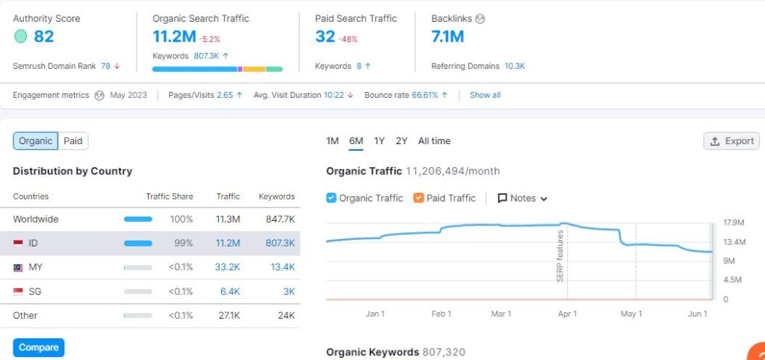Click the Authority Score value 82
(43, 36)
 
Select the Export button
(731, 141)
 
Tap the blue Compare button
(39, 347)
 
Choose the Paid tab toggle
(73, 141)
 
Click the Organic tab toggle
(36, 141)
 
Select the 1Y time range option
(380, 141)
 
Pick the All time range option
(434, 141)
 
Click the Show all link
(485, 96)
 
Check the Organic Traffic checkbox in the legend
(332, 198)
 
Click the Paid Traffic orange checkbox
(418, 198)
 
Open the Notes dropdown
(523, 198)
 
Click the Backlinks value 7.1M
(447, 36)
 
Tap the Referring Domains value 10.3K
(515, 66)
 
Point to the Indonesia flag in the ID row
(18, 243)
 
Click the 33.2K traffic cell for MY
(227, 267)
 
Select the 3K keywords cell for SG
(288, 291)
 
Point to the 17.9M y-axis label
(734, 223)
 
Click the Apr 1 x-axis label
(567, 314)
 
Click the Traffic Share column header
(169, 196)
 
